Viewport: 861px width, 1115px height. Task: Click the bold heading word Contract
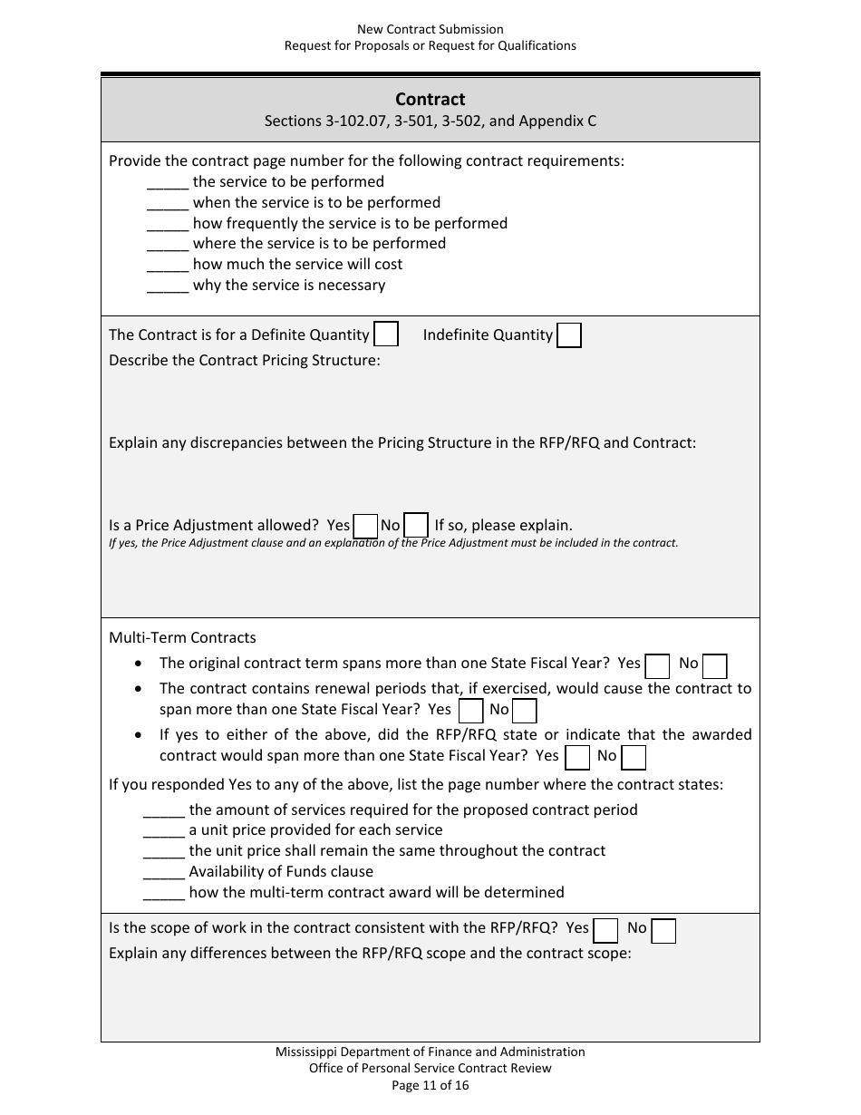430,100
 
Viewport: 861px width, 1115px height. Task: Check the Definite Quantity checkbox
386,335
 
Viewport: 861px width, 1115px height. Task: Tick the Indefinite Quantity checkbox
569,335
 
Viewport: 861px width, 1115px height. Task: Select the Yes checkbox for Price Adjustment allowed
365,526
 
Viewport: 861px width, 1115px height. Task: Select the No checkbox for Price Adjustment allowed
416,526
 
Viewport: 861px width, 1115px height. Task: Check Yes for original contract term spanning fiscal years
657,665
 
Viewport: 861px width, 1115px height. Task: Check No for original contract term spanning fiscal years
715,665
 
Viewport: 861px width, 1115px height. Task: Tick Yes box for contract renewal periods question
470,711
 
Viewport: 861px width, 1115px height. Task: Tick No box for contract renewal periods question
525,711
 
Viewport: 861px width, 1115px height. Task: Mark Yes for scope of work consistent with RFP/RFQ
605,930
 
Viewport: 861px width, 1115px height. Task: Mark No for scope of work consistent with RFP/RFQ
663,930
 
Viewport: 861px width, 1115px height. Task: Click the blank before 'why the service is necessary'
167,286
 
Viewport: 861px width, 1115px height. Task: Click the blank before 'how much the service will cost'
167,266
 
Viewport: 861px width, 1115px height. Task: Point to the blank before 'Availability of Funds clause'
164,873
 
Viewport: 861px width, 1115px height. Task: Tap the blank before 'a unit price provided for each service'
164,831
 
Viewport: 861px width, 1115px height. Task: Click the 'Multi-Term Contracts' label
182,637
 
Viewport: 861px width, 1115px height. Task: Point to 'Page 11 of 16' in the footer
430,1085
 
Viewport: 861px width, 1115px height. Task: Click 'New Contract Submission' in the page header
430,30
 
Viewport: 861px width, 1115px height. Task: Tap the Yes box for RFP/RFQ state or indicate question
577,757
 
